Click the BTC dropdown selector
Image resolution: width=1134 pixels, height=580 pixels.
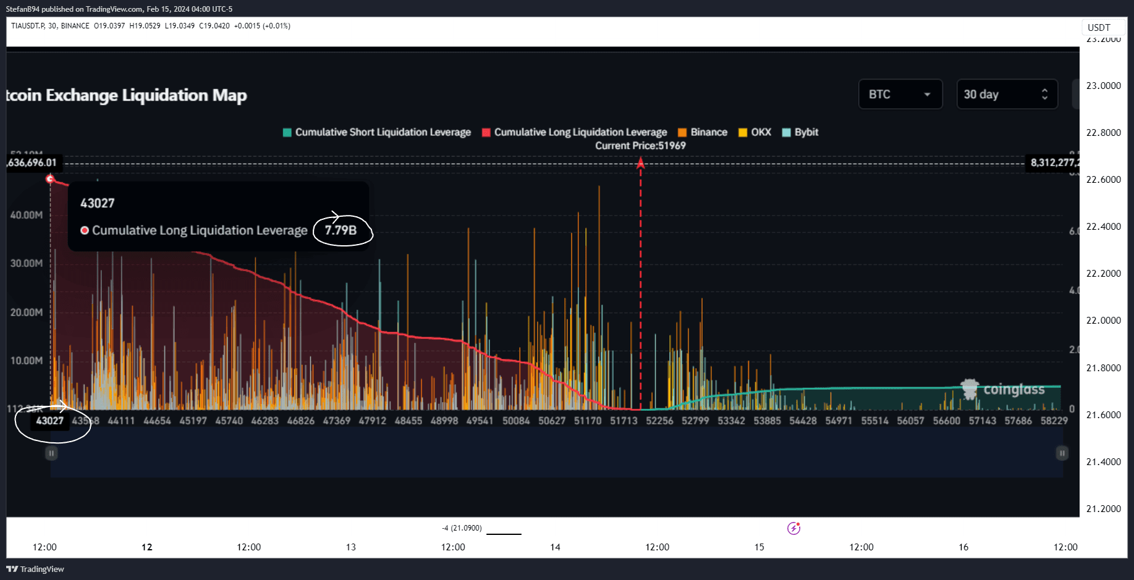(900, 95)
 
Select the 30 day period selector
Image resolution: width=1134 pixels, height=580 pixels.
(1007, 95)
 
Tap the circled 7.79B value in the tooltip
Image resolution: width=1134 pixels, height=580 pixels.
(341, 230)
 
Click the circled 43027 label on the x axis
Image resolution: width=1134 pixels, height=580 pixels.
(50, 421)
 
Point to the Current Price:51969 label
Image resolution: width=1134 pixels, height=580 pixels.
(640, 146)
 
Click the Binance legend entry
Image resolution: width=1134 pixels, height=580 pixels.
(703, 132)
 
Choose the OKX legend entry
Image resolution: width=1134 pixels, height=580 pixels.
(755, 132)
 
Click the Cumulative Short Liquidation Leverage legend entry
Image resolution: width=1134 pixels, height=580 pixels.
(377, 132)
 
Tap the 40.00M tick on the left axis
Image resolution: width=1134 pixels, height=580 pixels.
(27, 215)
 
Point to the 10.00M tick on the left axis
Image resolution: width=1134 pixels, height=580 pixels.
(27, 361)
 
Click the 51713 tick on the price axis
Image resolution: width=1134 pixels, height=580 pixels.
(624, 421)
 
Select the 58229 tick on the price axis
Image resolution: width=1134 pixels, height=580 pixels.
(1054, 421)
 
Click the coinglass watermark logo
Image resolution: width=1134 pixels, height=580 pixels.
(1002, 390)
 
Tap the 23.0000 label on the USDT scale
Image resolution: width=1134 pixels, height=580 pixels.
(1103, 86)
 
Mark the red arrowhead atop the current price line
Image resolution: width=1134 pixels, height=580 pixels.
(641, 163)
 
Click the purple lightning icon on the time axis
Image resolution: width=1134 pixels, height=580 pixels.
(794, 528)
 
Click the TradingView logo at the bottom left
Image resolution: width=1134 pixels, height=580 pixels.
(36, 569)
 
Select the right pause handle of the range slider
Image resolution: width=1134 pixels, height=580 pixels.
(1062, 453)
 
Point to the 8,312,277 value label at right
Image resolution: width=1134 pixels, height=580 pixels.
(1053, 162)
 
